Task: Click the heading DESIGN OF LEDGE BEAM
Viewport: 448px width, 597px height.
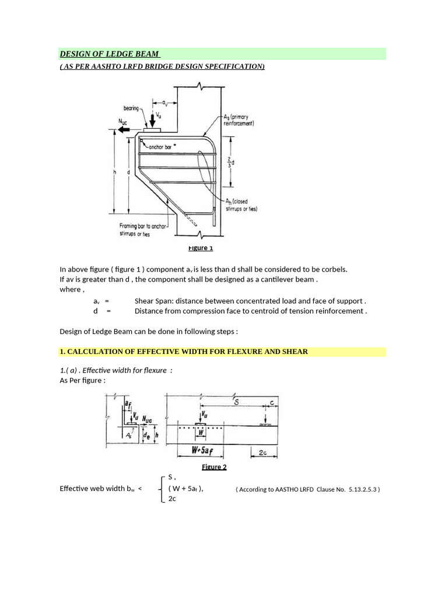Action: (x=110, y=55)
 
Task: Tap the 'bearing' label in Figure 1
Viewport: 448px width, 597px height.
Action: (x=132, y=108)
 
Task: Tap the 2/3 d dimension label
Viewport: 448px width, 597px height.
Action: (x=232, y=162)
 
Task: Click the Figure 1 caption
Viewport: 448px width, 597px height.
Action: (x=200, y=248)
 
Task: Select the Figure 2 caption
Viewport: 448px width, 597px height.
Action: (x=214, y=467)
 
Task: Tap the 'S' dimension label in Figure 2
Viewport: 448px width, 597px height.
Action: (x=236, y=402)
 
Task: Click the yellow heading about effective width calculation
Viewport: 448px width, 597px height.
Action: (x=184, y=352)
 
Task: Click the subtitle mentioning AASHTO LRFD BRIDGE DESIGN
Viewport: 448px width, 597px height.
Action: (x=162, y=67)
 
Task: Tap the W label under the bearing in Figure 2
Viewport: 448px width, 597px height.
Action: (x=201, y=433)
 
